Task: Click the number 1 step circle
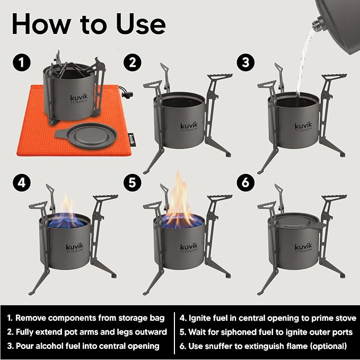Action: click(22, 62)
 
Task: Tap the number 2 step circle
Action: click(133, 62)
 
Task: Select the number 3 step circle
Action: click(245, 62)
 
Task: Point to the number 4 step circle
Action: click(22, 183)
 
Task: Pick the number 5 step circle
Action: click(133, 183)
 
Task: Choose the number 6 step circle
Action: click(245, 183)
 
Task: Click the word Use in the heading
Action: click(141, 24)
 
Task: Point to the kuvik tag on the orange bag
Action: click(131, 139)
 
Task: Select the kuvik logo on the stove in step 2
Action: click(189, 127)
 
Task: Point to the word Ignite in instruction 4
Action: click(199, 318)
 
